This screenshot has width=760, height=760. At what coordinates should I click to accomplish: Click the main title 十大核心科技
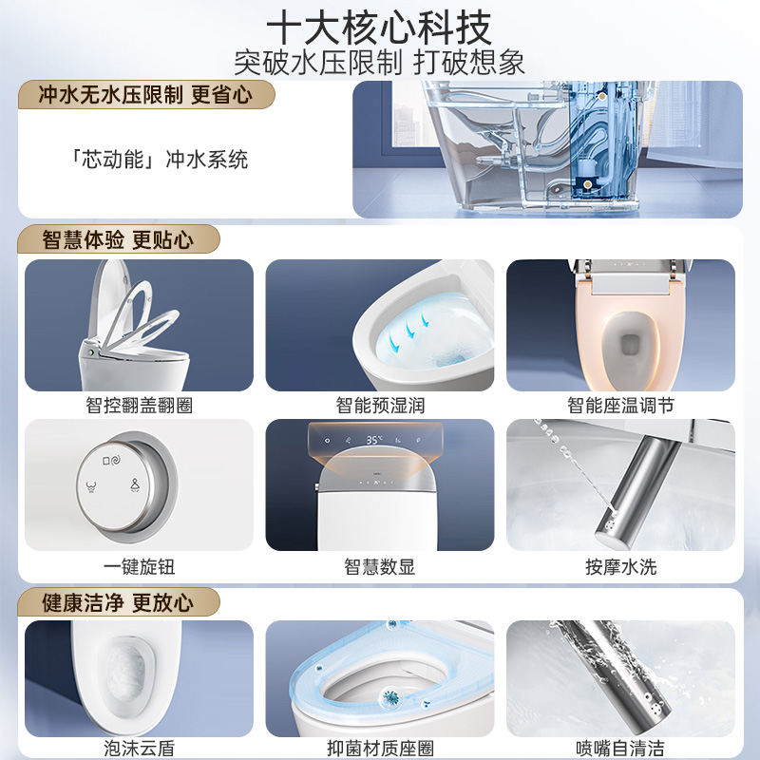point(379,26)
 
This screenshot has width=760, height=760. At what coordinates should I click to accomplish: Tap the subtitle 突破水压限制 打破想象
point(379,62)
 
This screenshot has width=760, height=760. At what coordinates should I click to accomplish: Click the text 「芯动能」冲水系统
point(160,159)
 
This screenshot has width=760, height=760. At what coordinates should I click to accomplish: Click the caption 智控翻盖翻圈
point(139,406)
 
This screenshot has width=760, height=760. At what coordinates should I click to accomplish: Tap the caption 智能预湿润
point(379,406)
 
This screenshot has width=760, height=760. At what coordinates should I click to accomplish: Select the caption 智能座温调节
point(620,406)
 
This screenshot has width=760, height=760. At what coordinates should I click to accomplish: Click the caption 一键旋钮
point(139,567)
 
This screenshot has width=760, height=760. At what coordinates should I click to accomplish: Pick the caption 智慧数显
point(379,567)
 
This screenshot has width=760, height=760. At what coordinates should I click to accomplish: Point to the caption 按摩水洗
point(620,567)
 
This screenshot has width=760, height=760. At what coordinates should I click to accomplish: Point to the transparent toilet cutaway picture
point(547,149)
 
